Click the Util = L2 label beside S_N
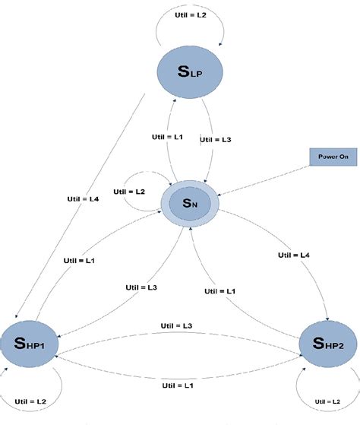(130, 193)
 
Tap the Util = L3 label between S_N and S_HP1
(141, 287)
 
